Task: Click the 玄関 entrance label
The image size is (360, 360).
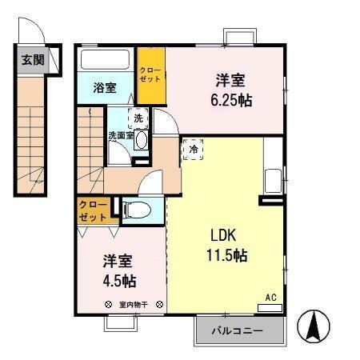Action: coord(32,59)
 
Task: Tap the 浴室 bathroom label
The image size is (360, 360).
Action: coord(104,88)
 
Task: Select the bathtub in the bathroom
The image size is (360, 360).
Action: coord(106,61)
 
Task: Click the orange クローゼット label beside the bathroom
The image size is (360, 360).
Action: coord(150,76)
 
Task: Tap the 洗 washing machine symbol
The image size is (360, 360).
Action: coord(139,118)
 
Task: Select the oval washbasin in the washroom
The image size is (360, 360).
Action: coord(142,140)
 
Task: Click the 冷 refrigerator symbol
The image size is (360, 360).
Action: coord(194,149)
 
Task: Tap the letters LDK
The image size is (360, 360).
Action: coord(223,237)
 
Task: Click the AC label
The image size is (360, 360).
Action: coord(270,297)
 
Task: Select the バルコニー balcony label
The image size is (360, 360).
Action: coord(239,330)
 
